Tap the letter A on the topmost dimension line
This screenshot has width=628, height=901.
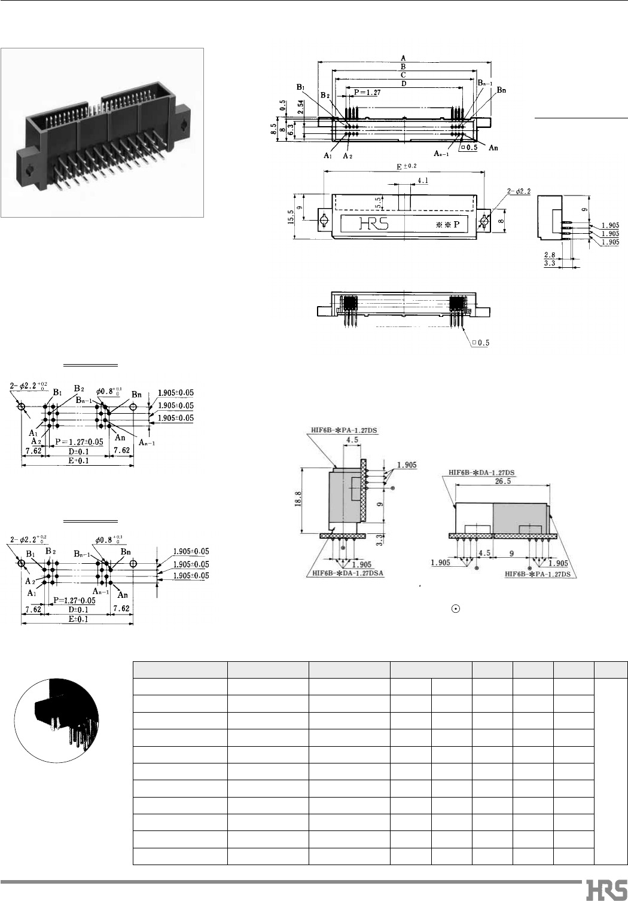405,58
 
